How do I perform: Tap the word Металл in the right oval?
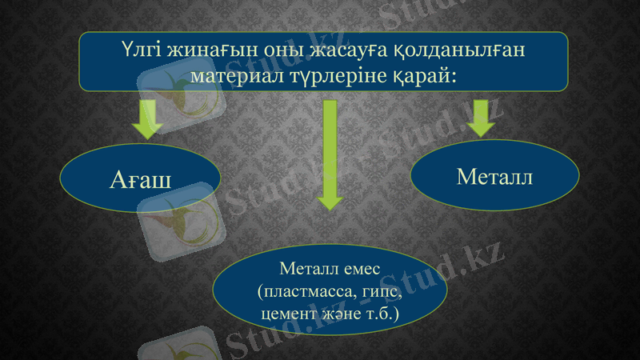coord(494,177)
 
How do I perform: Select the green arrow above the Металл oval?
coord(481,117)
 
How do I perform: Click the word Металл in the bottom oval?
coord(309,270)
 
